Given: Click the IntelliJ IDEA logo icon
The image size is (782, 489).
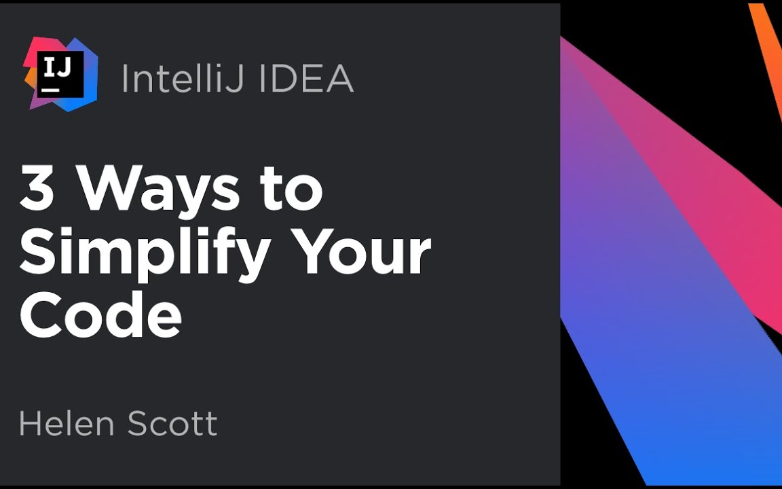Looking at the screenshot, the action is click(x=61, y=73).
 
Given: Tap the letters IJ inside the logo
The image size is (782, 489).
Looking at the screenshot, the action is click(x=56, y=67).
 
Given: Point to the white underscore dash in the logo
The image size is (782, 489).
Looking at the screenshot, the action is click(x=50, y=90).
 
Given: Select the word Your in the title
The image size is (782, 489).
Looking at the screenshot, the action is click(x=359, y=252).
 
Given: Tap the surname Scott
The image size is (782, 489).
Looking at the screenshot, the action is click(x=172, y=424).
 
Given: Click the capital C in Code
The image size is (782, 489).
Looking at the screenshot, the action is click(x=41, y=315).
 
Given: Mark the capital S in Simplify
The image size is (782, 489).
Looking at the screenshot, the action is click(x=37, y=252).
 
